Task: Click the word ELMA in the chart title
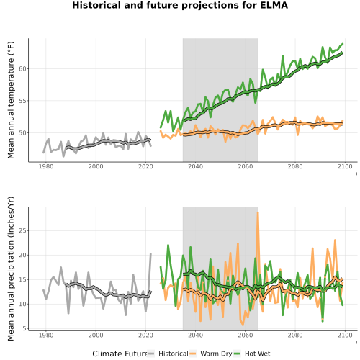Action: click(274, 5)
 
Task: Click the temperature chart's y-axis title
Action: click(11, 100)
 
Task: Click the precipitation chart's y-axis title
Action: click(11, 269)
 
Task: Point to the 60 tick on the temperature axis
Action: click(22, 69)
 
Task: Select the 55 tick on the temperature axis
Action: click(22, 101)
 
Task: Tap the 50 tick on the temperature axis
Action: click(22, 133)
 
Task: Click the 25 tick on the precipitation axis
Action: click(22, 230)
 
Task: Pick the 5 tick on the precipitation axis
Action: click(24, 328)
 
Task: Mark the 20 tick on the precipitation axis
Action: click(22, 255)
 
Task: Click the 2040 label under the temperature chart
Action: click(195, 166)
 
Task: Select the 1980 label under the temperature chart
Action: click(46, 166)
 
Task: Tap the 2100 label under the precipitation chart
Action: click(345, 335)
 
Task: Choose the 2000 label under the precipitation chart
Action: click(96, 335)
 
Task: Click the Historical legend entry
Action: click(168, 354)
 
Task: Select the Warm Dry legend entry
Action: click(211, 354)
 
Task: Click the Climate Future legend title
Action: click(120, 354)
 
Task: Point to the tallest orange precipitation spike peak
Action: click(258, 212)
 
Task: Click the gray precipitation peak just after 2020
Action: click(150, 254)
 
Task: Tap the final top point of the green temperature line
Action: click(343, 44)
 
